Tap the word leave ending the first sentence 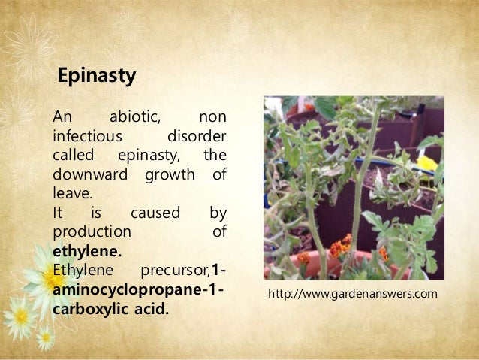tap(69, 194)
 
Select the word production tap(91, 232)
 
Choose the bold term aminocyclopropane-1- tap(139, 289)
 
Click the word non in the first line tap(212, 118)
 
